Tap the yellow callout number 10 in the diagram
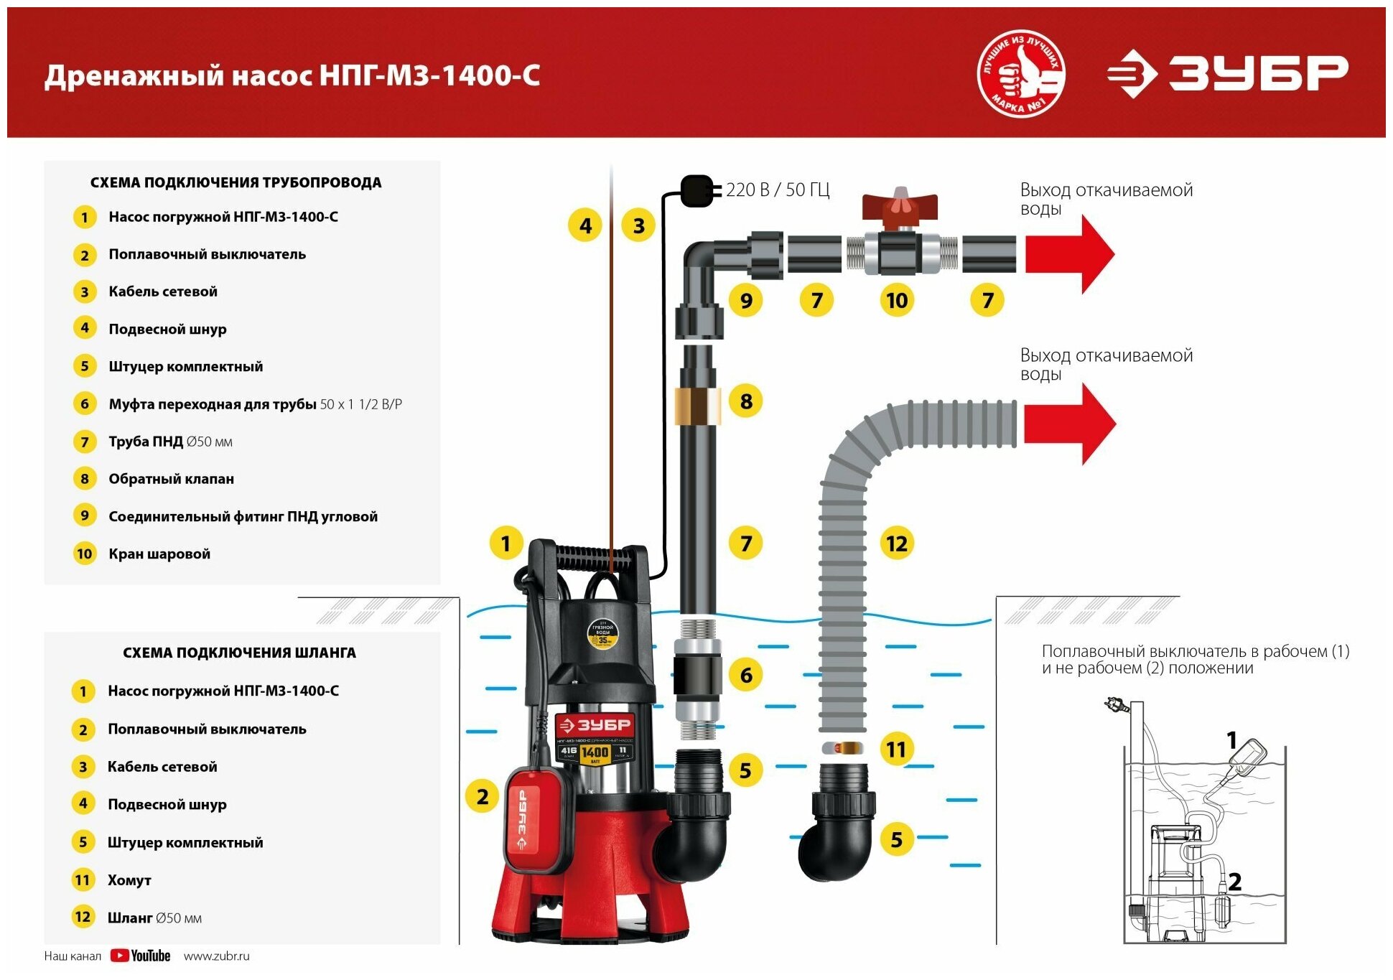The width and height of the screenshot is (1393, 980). click(896, 300)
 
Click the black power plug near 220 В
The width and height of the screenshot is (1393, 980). click(696, 190)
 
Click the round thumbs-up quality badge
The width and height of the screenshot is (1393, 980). click(1021, 74)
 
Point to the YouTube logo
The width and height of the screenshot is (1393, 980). click(141, 956)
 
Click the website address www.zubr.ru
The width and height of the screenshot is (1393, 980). click(216, 956)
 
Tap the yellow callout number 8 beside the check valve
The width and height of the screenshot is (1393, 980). click(746, 401)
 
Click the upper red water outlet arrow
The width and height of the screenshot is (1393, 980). click(1069, 254)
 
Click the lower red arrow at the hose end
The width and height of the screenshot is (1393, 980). click(1069, 424)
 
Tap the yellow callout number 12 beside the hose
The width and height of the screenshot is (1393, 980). click(896, 543)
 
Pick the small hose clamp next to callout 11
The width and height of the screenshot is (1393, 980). click(843, 747)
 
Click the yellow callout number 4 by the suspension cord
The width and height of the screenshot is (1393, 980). click(585, 225)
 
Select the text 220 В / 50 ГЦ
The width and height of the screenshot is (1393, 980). click(777, 190)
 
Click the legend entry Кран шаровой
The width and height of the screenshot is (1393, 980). click(159, 554)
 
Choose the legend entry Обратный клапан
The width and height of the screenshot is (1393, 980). click(171, 479)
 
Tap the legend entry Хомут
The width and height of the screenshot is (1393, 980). click(129, 880)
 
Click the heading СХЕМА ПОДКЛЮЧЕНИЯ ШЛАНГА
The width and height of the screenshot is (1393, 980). click(239, 653)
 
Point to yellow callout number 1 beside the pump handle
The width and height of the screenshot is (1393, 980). click(506, 543)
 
